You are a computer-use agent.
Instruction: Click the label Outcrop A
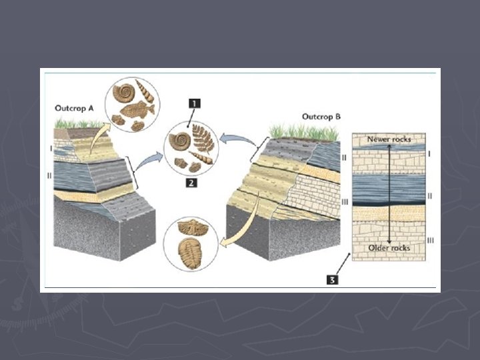(x=73, y=107)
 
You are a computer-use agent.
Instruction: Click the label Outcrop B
(x=321, y=117)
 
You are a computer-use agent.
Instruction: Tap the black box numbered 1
(x=193, y=103)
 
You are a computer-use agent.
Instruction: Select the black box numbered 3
(x=331, y=280)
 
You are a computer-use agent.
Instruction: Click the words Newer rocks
(x=389, y=139)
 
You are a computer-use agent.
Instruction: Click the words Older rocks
(x=389, y=248)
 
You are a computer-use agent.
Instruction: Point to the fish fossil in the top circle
(x=139, y=108)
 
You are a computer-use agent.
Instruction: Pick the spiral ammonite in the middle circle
(x=181, y=140)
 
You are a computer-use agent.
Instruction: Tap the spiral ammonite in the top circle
(x=123, y=91)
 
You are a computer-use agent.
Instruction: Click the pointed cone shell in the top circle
(x=145, y=88)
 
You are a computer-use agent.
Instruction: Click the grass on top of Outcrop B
(x=303, y=131)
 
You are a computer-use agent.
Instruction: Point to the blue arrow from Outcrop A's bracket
(x=151, y=159)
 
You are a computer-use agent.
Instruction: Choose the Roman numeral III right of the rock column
(x=430, y=239)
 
